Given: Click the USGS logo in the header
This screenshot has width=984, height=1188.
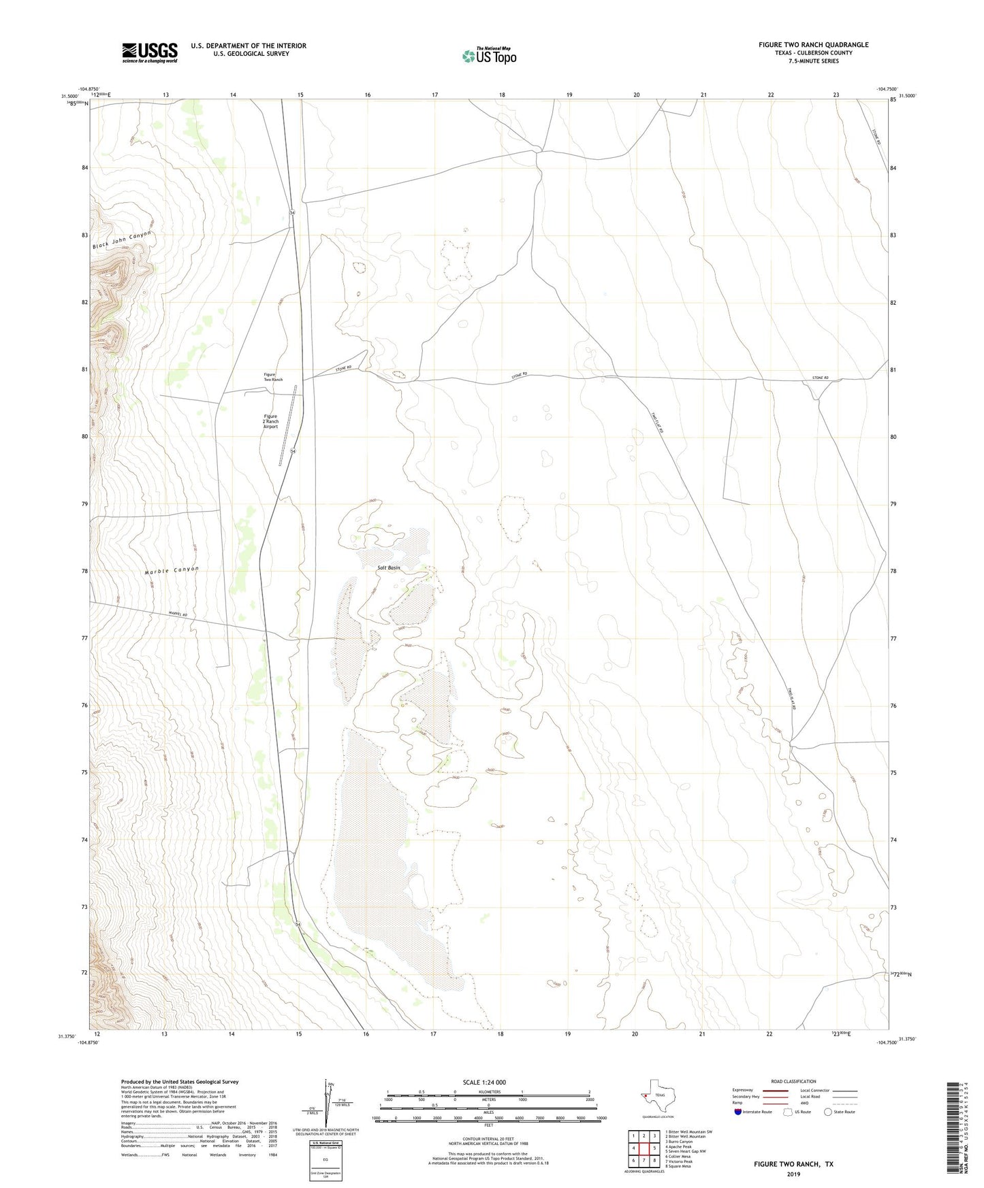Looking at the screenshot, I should [x=150, y=52].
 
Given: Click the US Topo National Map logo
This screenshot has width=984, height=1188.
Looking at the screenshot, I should [x=489, y=55].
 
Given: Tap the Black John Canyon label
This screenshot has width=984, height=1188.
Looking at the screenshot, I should [x=121, y=240].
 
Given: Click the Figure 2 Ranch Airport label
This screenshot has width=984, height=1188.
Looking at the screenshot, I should [x=270, y=421].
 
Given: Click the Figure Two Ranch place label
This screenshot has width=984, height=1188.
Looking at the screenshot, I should [x=272, y=377].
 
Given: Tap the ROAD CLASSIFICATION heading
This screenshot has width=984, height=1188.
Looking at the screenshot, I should [x=793, y=1081].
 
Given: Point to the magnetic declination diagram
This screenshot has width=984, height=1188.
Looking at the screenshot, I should [x=332, y=1105].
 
